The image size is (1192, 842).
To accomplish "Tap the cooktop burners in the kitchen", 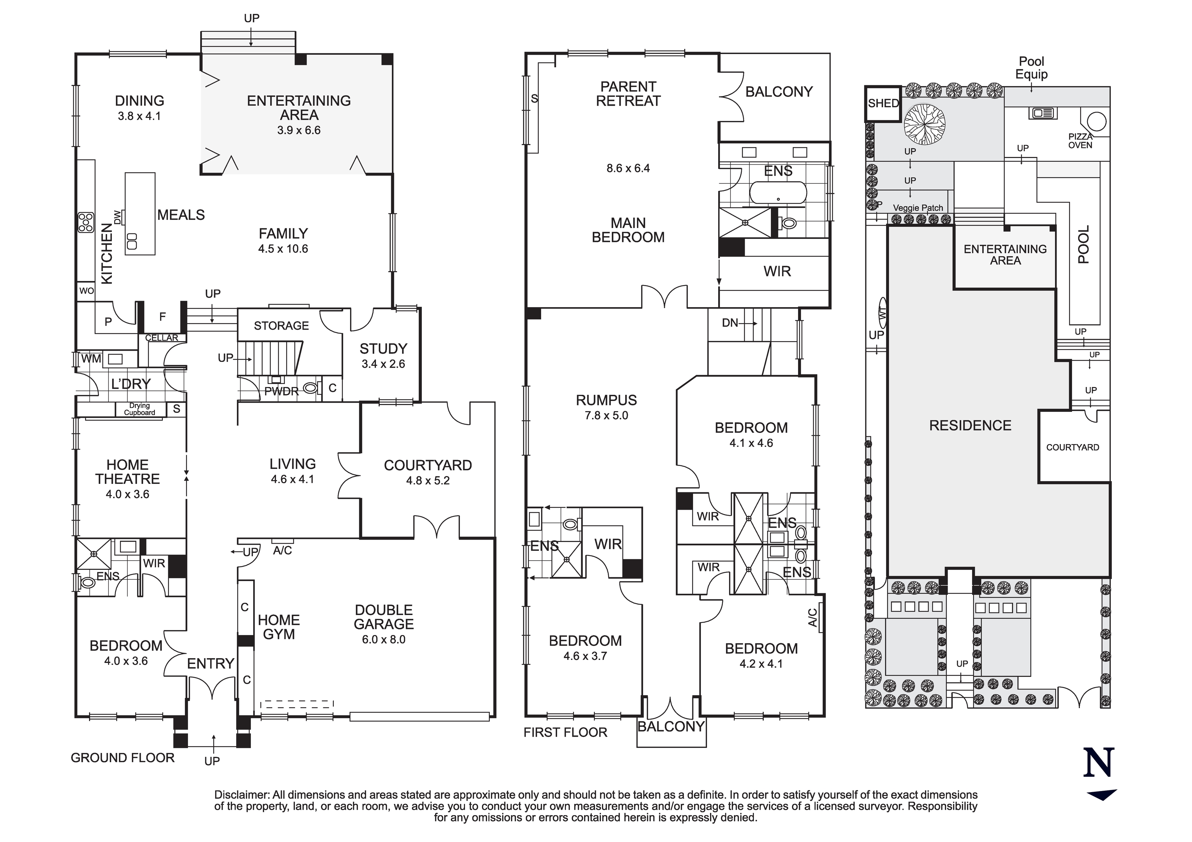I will (86, 222).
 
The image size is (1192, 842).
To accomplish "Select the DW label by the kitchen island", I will (117, 217).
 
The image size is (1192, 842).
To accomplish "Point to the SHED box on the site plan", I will (883, 103).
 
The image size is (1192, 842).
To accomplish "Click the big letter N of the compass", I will (1099, 762).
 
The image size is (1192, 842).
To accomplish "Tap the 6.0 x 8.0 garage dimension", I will (384, 639).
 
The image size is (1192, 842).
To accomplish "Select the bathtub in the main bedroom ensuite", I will (778, 193).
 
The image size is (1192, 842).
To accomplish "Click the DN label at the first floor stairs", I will (730, 323).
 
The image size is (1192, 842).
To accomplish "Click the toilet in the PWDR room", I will (310, 387).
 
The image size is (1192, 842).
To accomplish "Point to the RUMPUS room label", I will (606, 400).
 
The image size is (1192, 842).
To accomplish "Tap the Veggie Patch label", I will (918, 208).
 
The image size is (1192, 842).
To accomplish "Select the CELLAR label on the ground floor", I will (161, 338).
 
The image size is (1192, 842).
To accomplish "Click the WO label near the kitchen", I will (86, 291).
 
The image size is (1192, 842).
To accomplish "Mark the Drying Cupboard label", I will (139, 409).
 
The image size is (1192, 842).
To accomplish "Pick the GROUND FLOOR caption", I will (122, 758).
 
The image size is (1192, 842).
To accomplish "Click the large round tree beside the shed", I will (924, 124).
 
